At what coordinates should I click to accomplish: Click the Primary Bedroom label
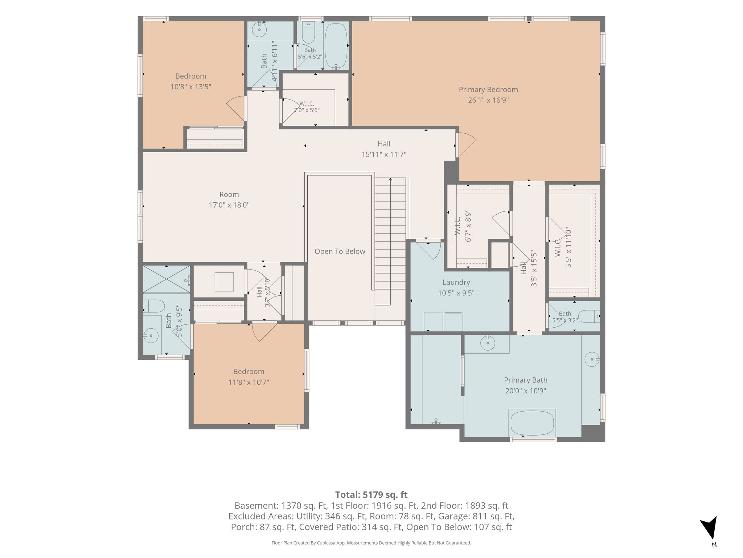tap(488, 89)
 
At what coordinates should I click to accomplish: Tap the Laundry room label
tap(456, 282)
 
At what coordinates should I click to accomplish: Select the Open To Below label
tap(340, 251)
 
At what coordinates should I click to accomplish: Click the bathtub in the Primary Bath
tap(532, 423)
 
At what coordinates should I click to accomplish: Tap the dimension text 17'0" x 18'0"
tap(229, 205)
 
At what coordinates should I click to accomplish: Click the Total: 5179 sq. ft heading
tap(371, 495)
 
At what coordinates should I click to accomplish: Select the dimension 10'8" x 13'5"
tap(191, 87)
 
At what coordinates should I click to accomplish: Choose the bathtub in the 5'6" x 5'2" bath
tap(336, 46)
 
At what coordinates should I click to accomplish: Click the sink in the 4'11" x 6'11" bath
tap(259, 29)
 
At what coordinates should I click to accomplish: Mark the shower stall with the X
tap(166, 279)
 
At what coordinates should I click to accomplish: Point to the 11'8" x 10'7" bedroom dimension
tap(249, 383)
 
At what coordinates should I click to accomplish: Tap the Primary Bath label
tap(525, 380)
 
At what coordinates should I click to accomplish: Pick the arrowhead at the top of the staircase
tap(390, 179)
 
